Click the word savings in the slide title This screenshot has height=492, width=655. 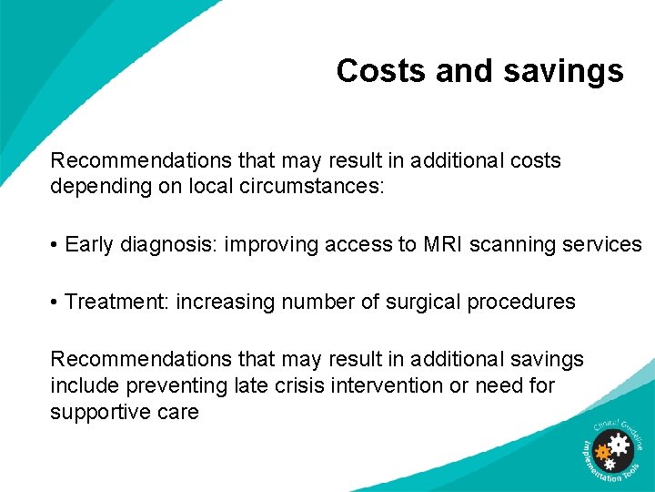563,71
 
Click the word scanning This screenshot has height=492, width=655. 510,244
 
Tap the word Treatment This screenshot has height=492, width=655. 114,302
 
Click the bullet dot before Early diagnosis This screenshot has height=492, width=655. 55,245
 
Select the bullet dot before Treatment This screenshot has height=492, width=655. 55,302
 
